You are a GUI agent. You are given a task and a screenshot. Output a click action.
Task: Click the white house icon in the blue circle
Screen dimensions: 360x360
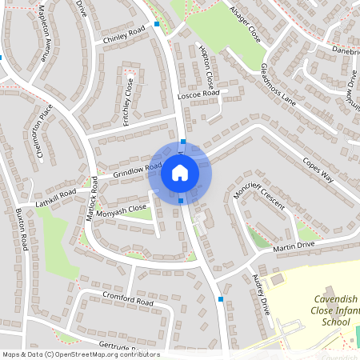180,172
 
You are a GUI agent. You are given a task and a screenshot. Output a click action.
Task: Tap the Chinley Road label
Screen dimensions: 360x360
124,34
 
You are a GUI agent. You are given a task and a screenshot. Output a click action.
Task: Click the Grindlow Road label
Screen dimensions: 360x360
137,170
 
